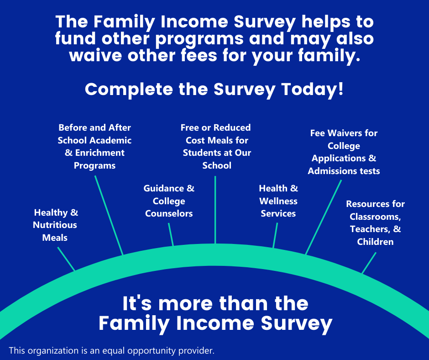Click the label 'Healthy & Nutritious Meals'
tap(55, 225)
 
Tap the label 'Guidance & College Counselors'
tap(169, 201)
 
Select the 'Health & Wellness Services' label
tap(278, 201)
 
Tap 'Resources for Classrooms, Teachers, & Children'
tap(375, 223)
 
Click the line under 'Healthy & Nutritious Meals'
tap(66, 259)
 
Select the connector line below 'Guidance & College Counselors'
tap(171, 234)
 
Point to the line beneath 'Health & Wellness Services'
tap(275, 235)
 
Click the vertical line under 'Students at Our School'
tap(215, 210)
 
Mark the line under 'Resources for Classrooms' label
tap(369, 263)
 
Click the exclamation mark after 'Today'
tap(340, 89)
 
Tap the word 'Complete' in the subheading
tap(129, 90)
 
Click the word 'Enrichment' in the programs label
tap(100, 153)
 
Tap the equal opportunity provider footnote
tap(112, 350)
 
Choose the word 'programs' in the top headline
tap(199, 39)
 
